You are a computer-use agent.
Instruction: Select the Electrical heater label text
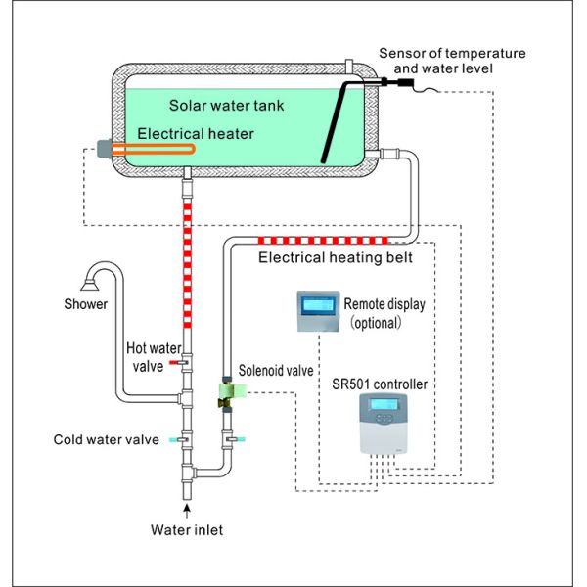(197, 133)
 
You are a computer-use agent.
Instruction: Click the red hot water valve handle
(175, 363)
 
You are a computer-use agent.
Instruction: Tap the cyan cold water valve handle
(175, 440)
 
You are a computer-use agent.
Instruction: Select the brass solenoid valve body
(227, 394)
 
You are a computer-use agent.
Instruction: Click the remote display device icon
(319, 312)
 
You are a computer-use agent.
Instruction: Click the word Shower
(88, 304)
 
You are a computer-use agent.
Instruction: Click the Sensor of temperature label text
(464, 52)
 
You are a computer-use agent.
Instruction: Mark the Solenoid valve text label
(277, 372)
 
